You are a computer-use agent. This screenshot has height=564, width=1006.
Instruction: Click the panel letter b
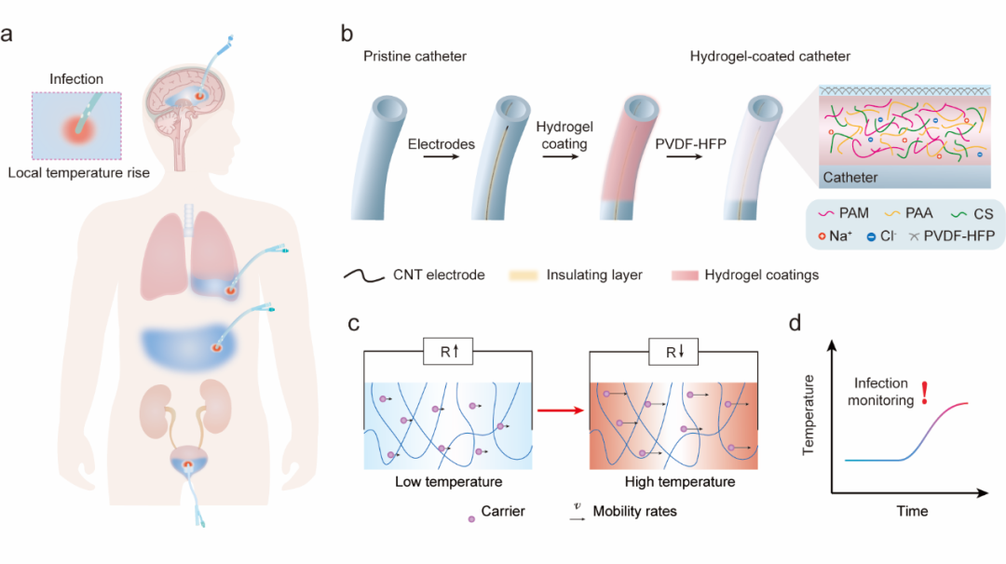pyautogui.click(x=347, y=34)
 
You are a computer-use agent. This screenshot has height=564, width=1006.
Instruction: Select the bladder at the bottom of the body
pyautogui.click(x=188, y=460)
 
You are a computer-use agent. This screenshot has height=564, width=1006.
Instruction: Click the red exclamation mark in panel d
pyautogui.click(x=925, y=392)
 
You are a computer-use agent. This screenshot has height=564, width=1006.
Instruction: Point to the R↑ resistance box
pyautogui.click(x=448, y=351)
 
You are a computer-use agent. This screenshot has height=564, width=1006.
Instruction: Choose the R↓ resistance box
pyautogui.click(x=673, y=352)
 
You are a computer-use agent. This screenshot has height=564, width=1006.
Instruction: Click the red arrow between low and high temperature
pyautogui.click(x=560, y=410)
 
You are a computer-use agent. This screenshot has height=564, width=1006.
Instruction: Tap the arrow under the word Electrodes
pyautogui.click(x=441, y=156)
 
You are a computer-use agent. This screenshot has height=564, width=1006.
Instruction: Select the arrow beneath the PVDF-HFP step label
pyautogui.click(x=685, y=156)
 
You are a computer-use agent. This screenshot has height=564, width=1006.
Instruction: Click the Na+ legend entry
pyautogui.click(x=835, y=235)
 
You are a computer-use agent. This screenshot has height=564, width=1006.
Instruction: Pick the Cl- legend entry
pyautogui.click(x=881, y=235)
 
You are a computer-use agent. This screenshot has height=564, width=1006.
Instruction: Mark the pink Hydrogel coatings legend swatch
pyautogui.click(x=685, y=275)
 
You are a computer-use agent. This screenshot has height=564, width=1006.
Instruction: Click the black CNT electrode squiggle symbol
pyautogui.click(x=364, y=275)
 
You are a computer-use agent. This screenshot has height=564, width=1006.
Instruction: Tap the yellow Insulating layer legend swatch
pyautogui.click(x=523, y=275)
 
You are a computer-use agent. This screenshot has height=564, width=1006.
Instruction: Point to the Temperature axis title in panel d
pyautogui.click(x=809, y=415)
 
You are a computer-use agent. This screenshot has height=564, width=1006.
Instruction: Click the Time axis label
pyautogui.click(x=912, y=511)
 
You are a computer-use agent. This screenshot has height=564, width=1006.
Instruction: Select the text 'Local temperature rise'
pyautogui.click(x=78, y=172)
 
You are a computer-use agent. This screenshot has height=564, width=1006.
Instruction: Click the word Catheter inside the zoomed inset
pyautogui.click(x=850, y=177)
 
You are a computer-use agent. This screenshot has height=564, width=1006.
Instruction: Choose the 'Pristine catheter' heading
pyautogui.click(x=415, y=56)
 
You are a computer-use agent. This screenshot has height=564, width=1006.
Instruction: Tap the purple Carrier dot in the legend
pyautogui.click(x=471, y=518)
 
